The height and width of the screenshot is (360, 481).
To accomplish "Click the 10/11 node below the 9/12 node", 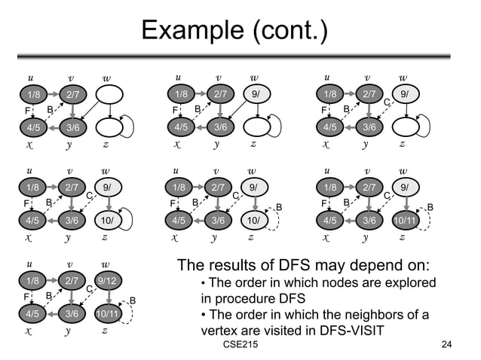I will click(x=108, y=313).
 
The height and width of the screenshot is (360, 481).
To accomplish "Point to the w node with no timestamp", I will click(x=110, y=94).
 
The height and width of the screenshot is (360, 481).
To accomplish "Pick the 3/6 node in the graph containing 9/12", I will click(x=72, y=313).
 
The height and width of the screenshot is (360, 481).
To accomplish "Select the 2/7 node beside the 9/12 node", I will click(x=72, y=282).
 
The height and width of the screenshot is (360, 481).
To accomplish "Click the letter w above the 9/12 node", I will click(x=106, y=265).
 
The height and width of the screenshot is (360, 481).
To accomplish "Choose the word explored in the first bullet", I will click(x=406, y=282).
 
